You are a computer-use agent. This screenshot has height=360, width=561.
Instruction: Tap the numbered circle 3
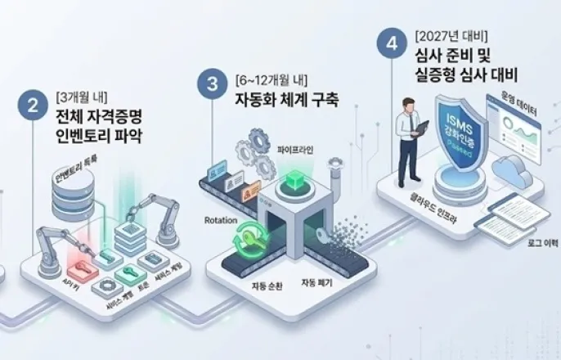(212, 83)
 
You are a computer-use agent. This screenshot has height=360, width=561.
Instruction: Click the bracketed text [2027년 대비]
(451, 38)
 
